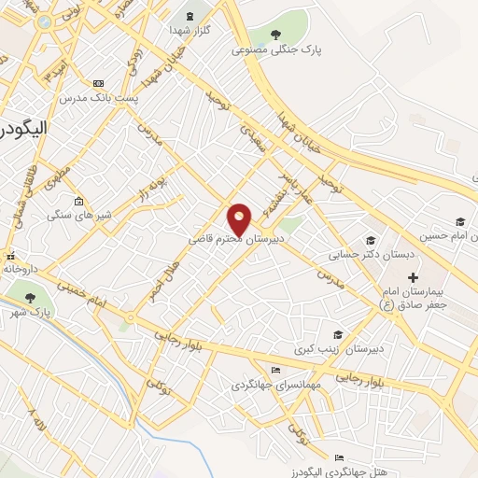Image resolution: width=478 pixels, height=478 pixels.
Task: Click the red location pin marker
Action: point(240,219)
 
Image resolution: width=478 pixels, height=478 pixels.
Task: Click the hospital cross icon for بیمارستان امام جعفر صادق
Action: point(414,278)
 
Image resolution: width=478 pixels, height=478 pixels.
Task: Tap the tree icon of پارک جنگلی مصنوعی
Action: point(275,35)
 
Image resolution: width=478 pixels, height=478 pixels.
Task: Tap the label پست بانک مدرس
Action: point(99,97)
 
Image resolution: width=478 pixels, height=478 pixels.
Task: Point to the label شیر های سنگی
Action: point(79,215)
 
